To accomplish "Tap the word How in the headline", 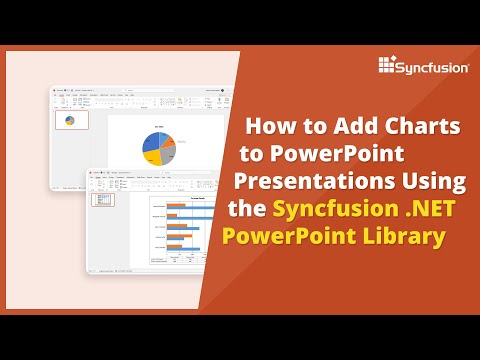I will coord(269,128).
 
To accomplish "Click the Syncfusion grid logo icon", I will coord(390,65).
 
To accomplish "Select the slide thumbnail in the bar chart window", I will coord(100,199).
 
